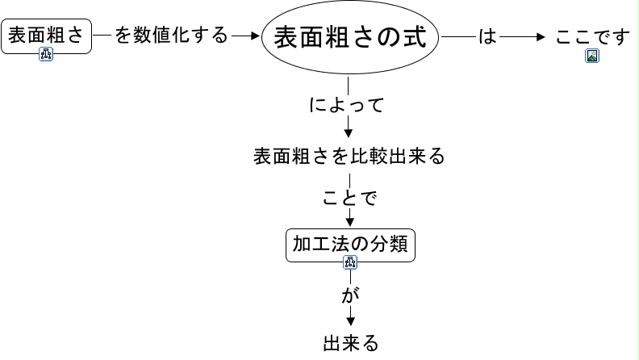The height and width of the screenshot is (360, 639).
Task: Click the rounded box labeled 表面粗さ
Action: [x=46, y=36]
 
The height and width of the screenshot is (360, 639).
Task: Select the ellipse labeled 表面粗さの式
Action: [x=349, y=37]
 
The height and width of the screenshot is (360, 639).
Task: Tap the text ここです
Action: [x=591, y=37]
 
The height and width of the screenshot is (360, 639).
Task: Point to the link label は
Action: [x=487, y=36]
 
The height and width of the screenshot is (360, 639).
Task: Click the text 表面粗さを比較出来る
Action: [x=349, y=156]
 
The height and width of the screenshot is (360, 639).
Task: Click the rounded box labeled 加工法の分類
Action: [x=350, y=244]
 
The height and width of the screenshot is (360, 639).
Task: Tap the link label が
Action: [x=349, y=295]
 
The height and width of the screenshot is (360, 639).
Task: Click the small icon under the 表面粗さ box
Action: [x=46, y=55]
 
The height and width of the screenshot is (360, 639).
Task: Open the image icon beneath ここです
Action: [x=592, y=57]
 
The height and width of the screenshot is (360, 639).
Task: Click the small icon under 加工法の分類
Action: [x=350, y=262]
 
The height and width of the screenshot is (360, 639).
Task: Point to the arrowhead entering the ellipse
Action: [x=257, y=36]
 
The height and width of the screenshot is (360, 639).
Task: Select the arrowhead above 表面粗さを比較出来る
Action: [x=349, y=134]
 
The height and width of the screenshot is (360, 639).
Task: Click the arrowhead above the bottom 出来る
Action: [x=349, y=320]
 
